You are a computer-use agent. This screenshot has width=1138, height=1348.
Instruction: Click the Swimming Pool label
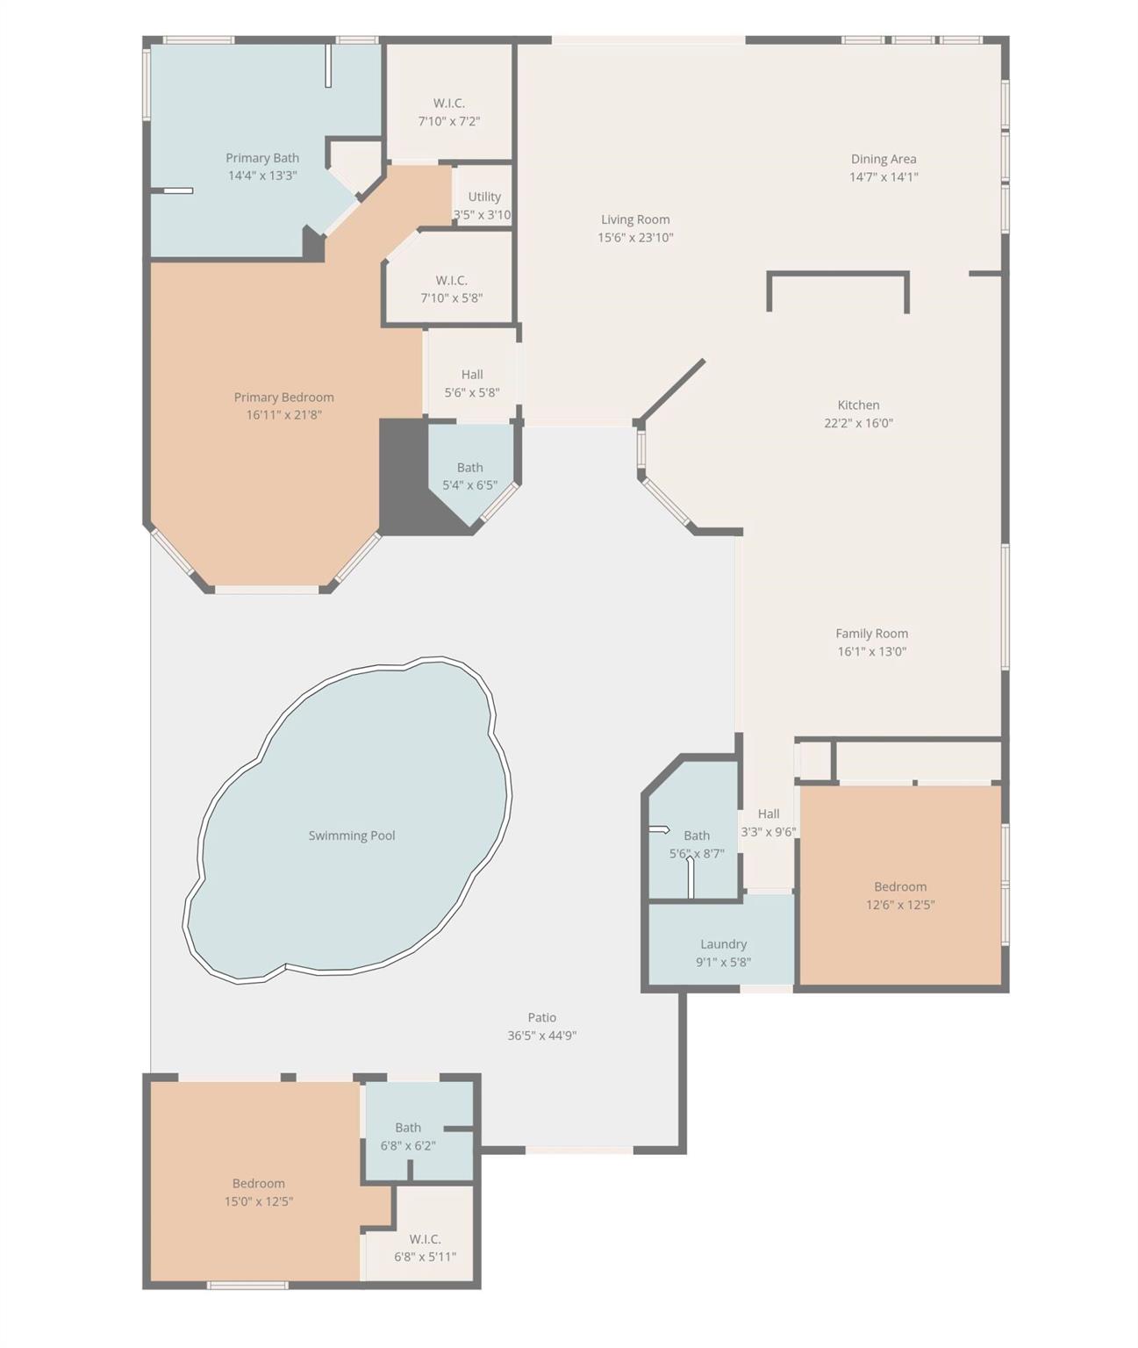351,835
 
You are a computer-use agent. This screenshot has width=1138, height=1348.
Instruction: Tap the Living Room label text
635,219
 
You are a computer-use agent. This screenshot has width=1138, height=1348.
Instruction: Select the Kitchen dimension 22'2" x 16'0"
858,423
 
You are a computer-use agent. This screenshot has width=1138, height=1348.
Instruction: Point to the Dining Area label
883,159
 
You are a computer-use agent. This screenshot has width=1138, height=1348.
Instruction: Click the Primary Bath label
262,157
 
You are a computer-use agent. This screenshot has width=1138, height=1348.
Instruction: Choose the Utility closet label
484,197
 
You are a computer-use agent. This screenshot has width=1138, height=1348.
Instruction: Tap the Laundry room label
723,943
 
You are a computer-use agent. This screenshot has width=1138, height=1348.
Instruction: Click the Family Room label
871,634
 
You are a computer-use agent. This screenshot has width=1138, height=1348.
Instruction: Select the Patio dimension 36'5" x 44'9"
541,1036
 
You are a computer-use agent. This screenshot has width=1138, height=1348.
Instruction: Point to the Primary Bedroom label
283,397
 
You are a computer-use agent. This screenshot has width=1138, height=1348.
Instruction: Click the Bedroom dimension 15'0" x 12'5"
259,1201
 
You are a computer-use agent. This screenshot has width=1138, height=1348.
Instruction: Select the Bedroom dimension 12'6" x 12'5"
900,905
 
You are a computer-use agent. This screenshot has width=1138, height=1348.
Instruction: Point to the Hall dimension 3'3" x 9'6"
768,832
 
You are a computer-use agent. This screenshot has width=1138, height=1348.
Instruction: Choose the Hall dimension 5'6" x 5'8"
472,392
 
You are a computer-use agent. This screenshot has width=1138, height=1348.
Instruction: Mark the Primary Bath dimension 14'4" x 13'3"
262,175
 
